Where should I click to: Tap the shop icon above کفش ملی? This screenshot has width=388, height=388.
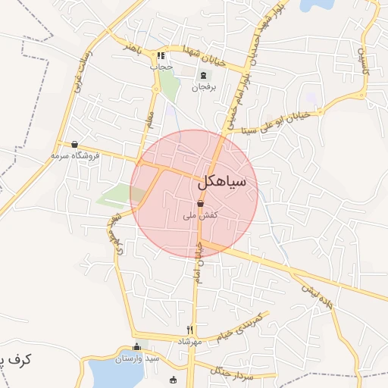[200, 204]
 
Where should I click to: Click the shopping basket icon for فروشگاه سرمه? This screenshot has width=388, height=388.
[74, 144]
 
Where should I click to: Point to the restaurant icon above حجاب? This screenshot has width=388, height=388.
[161, 56]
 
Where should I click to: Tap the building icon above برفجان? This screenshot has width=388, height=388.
[203, 75]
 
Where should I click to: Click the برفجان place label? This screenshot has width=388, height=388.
[203, 87]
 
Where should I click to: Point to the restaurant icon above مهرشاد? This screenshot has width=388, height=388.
[190, 330]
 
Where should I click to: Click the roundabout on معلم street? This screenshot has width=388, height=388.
[156, 89]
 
